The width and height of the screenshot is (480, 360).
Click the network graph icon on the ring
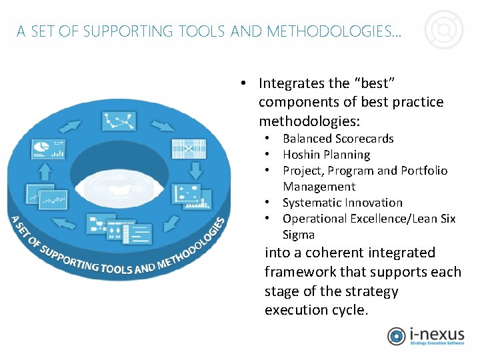click(119, 121)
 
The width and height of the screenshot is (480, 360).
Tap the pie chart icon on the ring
click(50, 147)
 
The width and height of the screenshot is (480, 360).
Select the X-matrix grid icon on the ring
click(189, 147)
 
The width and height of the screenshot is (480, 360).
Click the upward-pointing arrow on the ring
click(45, 172)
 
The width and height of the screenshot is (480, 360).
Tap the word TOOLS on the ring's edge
click(115, 267)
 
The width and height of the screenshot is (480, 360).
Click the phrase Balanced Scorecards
click(338, 139)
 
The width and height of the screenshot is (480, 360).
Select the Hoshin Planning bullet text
click(326, 155)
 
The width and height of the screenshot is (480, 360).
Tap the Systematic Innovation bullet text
click(342, 203)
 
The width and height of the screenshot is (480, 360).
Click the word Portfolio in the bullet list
click(424, 171)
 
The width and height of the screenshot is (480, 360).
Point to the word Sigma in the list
click(298, 235)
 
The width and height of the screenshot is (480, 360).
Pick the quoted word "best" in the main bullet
click(374, 83)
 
